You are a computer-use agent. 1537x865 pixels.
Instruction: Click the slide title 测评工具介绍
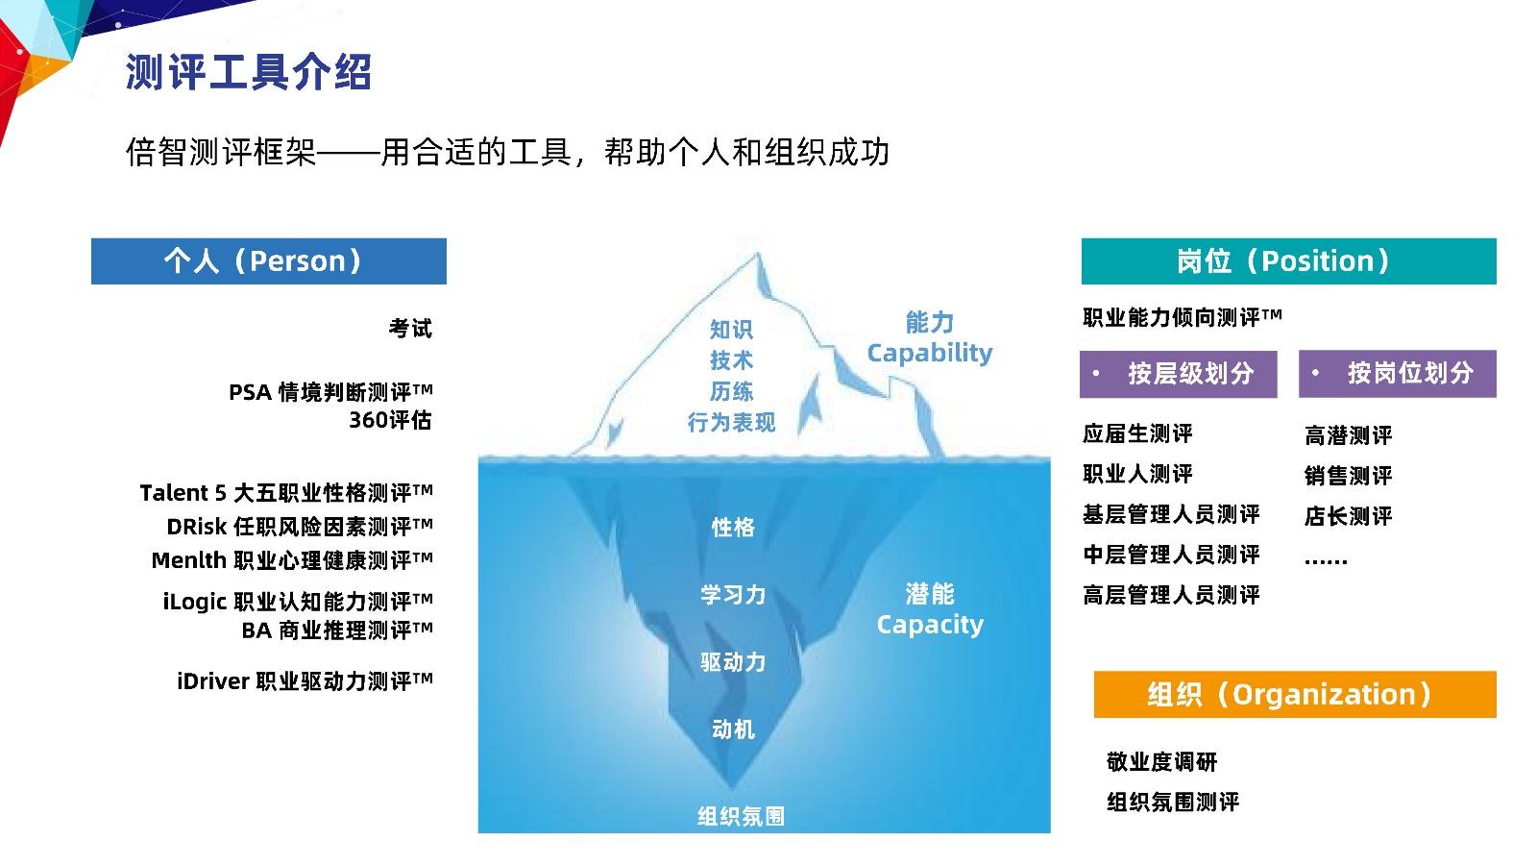248,71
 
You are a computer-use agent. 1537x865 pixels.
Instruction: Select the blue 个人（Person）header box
268,260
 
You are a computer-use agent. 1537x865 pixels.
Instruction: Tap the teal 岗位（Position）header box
1288,260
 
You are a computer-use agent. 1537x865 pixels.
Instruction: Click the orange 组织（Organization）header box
1295,694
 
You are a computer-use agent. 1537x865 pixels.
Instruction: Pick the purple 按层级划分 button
1178,374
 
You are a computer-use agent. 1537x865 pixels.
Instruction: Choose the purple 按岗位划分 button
1398,374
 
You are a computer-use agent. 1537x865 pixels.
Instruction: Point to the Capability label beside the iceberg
930,353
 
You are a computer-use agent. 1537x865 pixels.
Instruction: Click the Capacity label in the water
930,625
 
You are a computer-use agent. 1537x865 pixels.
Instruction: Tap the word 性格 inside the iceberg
733,528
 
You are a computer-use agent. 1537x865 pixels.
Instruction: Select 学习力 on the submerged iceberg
733,595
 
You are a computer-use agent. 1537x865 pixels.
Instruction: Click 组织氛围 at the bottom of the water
741,816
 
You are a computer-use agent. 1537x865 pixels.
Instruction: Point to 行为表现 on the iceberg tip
731,422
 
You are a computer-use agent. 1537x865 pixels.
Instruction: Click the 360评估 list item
390,419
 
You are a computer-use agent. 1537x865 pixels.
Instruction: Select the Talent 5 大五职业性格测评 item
286,493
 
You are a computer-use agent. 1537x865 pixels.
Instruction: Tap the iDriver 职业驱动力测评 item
305,681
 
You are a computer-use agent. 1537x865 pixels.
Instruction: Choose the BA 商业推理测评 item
337,630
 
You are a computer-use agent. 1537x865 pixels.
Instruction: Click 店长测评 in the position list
1349,516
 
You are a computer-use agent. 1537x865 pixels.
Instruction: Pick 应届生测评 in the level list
1137,433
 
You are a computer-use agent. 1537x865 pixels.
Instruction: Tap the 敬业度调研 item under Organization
1161,762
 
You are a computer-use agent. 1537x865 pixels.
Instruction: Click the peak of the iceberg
758,254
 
